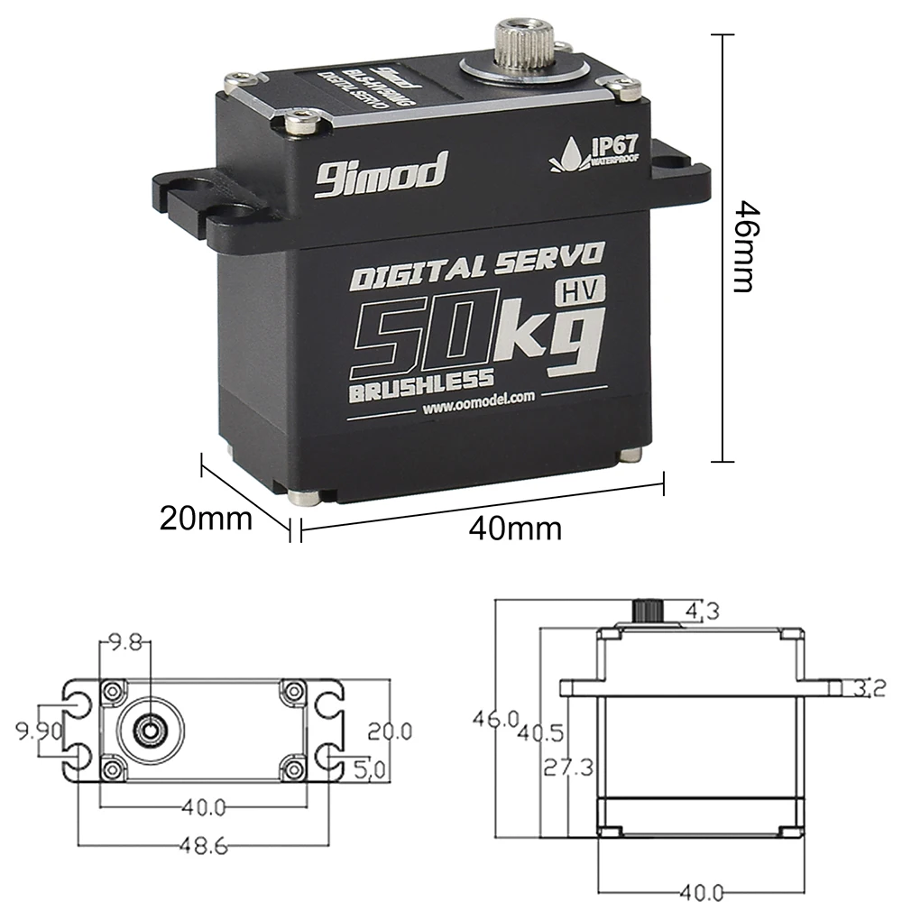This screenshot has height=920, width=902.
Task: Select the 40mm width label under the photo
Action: click(515, 528)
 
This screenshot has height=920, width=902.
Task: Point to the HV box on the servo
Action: click(580, 290)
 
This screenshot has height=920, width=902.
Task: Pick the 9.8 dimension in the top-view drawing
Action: click(124, 643)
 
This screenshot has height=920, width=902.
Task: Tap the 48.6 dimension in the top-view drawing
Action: click(202, 847)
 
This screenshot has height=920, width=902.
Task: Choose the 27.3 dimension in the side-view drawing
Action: click(569, 768)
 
